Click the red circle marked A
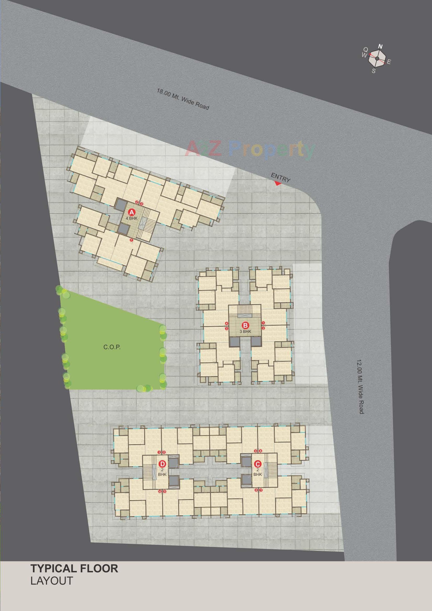tap(131, 212)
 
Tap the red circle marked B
tap(245, 325)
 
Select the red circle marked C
tap(257, 464)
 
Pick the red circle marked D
tap(162, 464)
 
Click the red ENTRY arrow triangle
tap(278, 183)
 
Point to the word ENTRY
tap(280, 177)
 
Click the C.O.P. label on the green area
tap(112, 347)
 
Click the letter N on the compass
tap(380, 47)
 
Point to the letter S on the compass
tap(374, 71)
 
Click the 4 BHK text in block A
tap(131, 218)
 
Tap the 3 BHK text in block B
tap(245, 332)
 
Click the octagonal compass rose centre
tap(377, 59)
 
